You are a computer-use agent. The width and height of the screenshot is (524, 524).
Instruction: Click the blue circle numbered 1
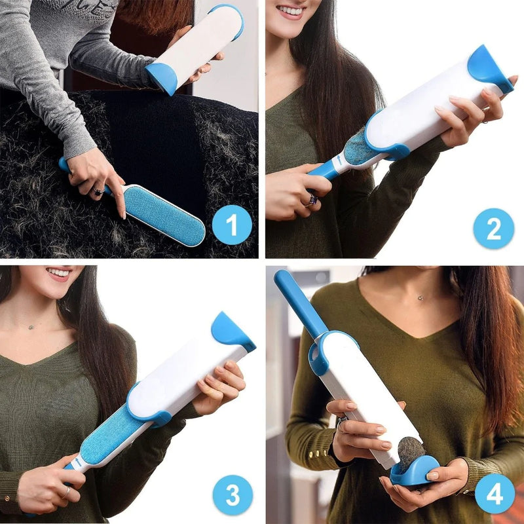pos(232,225)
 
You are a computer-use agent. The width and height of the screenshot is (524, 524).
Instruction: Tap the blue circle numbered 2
pos(493,228)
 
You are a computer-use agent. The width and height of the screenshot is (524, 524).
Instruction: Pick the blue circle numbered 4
pos(495,493)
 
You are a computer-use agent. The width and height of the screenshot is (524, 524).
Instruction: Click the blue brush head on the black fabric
pos(164,214)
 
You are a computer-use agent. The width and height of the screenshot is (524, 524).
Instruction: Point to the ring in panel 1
pos(97,191)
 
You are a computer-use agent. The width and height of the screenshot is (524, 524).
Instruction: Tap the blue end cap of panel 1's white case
pos(161,78)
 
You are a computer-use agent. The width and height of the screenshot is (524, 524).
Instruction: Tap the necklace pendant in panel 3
pos(30,326)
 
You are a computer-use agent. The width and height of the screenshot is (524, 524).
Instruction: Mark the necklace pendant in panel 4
pos(421,298)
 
